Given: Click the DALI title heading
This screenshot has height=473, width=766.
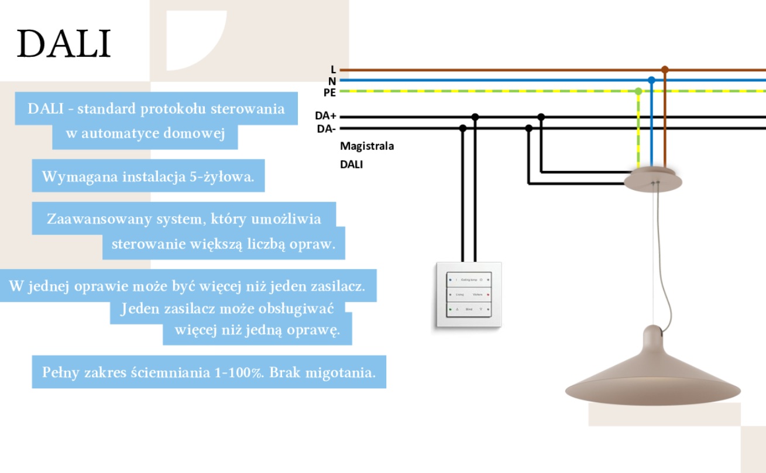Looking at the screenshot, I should point(64,43).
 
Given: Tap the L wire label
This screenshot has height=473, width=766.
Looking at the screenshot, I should point(333,70).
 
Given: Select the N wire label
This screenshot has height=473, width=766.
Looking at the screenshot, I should point(332,81).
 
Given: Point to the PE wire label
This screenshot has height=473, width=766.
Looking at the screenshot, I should point(329,92).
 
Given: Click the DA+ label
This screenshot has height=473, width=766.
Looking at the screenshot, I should point(325,116).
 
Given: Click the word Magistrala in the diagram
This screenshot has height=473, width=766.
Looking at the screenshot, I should point(367,146).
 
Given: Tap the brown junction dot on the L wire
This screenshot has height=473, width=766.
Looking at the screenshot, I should point(665,70).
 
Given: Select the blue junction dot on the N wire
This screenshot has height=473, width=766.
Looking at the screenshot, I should point(651,80).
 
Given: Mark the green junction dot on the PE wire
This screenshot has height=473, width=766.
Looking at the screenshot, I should point(638,91).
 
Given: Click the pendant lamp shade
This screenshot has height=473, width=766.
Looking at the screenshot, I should point(652,380).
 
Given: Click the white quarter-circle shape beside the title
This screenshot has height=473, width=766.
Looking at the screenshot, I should point(190,35).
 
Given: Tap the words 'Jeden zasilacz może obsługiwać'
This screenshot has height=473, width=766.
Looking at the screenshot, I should point(227,309).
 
